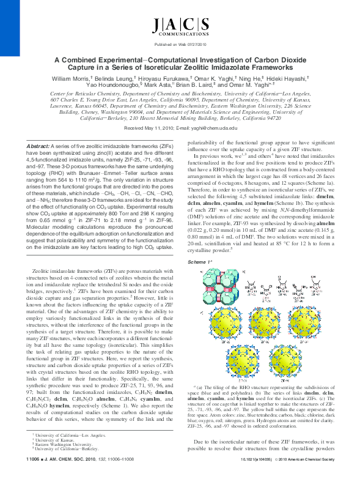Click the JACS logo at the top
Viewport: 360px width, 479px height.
180,26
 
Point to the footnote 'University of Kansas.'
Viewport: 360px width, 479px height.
56,456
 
